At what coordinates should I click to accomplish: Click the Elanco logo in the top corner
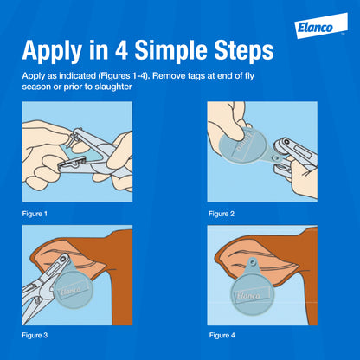coord(321,26)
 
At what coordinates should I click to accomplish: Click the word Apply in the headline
coord(52,51)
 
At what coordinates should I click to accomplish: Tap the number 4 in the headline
coord(121,50)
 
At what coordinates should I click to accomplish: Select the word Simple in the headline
coord(170,51)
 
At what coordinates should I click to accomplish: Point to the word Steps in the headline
coord(244,51)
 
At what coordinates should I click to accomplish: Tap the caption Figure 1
coord(35,214)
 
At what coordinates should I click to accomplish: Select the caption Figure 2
coord(222,214)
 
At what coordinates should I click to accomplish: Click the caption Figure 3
coord(35,335)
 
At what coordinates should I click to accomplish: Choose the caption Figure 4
coord(222,335)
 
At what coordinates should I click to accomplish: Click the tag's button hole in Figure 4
coord(253,262)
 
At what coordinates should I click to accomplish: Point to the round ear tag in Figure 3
coord(73,288)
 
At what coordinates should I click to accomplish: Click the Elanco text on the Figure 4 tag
coord(248,296)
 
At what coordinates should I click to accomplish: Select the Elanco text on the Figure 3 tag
coord(70,290)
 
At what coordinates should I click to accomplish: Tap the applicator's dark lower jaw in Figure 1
coord(72,164)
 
